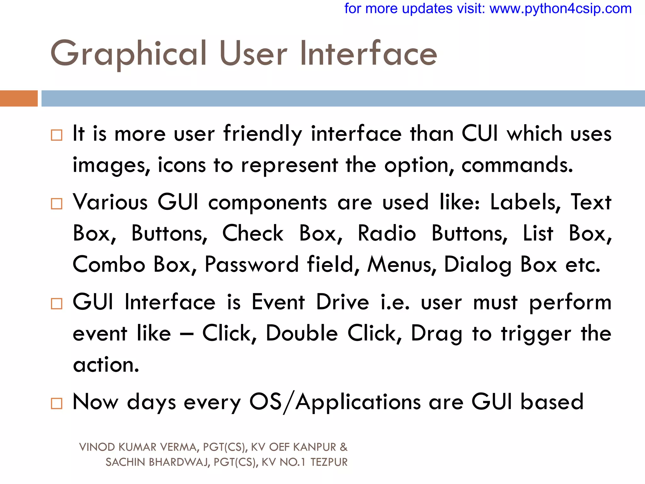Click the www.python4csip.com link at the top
pos(561,9)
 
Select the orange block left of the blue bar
pos(19,98)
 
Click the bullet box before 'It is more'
pos(57,135)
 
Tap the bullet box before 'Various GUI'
pos(57,204)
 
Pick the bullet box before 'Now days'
pos(57,403)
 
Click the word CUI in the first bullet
pos(480,134)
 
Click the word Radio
pos(387,233)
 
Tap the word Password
pos(251,264)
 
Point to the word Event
pos(278,302)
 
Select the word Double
pos(302,333)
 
